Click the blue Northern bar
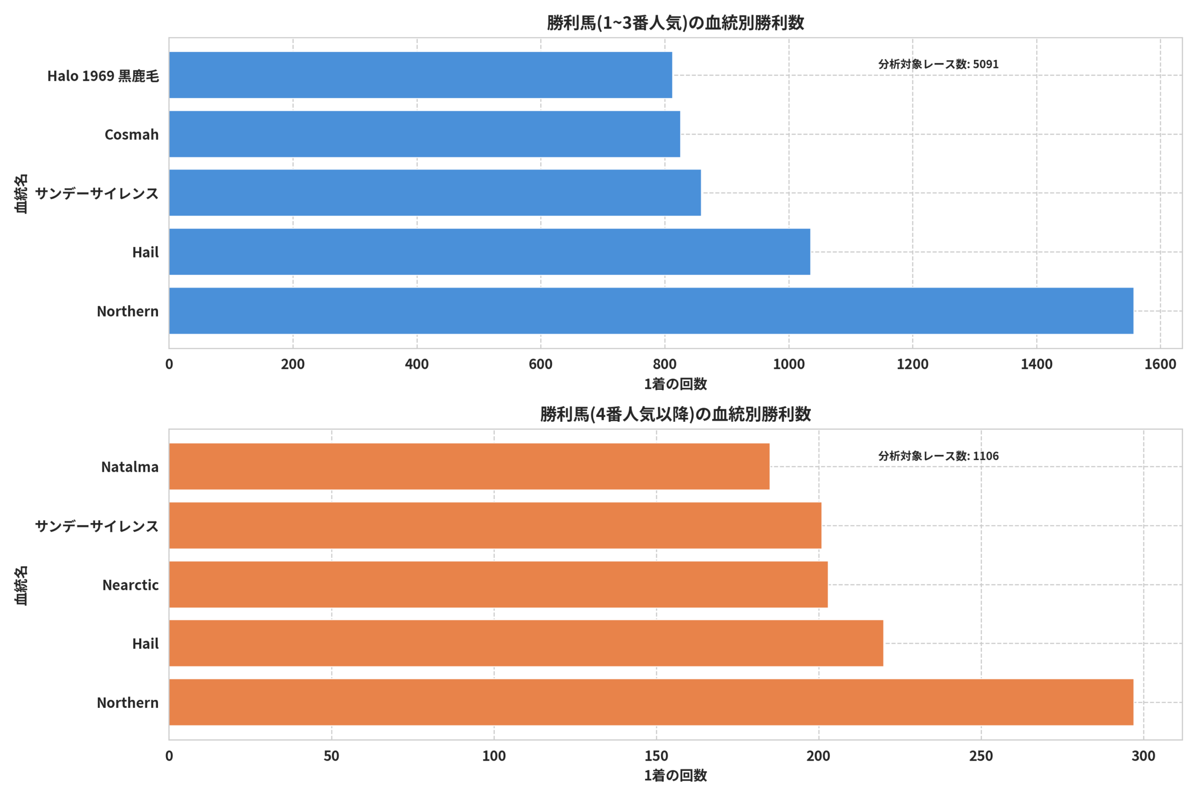pos(651,311)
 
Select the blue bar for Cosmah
pos(425,134)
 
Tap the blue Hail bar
pos(490,252)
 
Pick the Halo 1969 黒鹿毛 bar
pos(421,75)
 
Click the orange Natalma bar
pos(469,467)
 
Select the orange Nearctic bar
pos(499,585)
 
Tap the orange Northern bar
pos(651,702)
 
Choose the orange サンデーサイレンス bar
pos(495,526)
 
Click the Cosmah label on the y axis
pos(132,135)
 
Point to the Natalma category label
pos(130,467)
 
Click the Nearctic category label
pos(130,585)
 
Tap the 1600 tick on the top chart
pos(1161,364)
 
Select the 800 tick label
pos(664,364)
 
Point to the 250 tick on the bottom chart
pos(981,756)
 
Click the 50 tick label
pos(332,756)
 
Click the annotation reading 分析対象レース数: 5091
pos(938,64)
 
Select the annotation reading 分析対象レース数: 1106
pos(938,456)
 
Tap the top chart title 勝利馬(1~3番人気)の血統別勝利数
pos(675,23)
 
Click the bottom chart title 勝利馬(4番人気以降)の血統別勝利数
pos(675,414)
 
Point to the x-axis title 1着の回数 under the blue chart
pos(675,384)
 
